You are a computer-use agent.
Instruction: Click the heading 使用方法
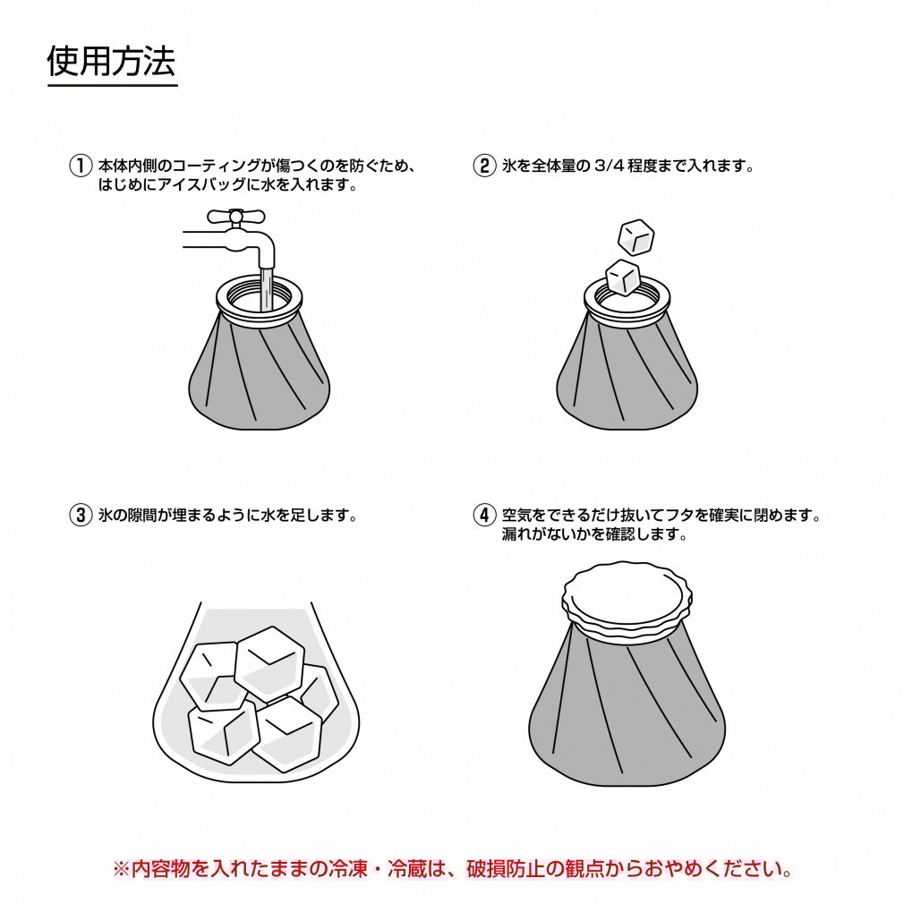point(112,62)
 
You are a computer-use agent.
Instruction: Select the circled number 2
point(484,166)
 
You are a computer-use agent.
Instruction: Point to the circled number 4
point(484,516)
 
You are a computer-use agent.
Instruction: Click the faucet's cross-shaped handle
point(235,216)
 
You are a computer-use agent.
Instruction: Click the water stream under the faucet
point(267,282)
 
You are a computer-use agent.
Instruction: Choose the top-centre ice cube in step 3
point(269,662)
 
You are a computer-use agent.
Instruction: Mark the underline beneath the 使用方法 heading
point(112,86)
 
